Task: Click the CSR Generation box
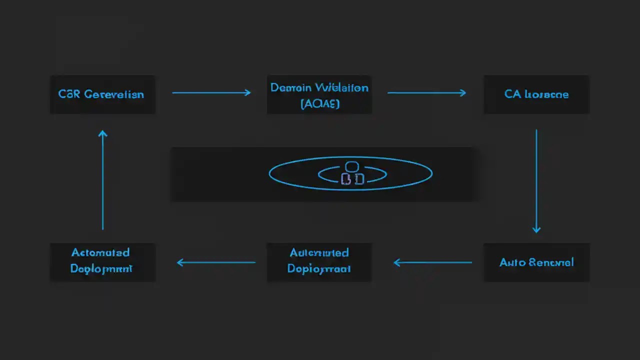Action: coord(102,94)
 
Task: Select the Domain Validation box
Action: coord(319,94)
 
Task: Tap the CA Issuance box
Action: coord(536,94)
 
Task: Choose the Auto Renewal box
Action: coord(536,262)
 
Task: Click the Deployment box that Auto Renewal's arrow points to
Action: coord(319,262)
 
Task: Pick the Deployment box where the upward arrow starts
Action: coord(102,262)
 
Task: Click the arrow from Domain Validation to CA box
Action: coord(426,92)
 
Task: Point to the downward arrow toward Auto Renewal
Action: coord(536,180)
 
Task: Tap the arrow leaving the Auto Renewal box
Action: coord(433,262)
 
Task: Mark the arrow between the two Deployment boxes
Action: coord(216,262)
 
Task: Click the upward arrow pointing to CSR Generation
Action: coord(102,180)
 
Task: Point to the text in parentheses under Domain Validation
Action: coord(320,103)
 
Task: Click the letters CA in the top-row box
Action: coord(512,94)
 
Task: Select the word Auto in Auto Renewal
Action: coord(512,262)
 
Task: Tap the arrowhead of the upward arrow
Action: coord(102,133)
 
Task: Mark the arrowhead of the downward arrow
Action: coord(536,229)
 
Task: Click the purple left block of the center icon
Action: coord(345,179)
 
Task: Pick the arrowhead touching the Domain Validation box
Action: coord(247,92)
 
